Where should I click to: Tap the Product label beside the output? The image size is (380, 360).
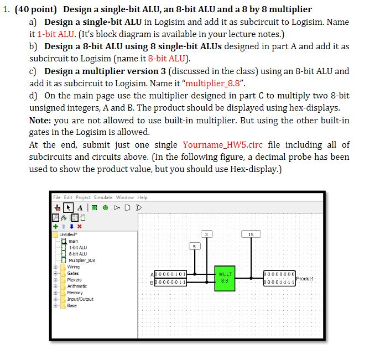(305, 278)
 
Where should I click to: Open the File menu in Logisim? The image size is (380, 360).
(57, 197)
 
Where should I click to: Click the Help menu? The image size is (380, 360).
(143, 197)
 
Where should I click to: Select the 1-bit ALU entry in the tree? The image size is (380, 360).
(76, 247)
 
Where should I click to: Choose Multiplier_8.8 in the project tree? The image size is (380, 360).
(81, 260)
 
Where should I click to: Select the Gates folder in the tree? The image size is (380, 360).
(73, 273)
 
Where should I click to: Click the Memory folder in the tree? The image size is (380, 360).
(75, 293)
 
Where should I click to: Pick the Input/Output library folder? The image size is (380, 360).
(80, 299)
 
